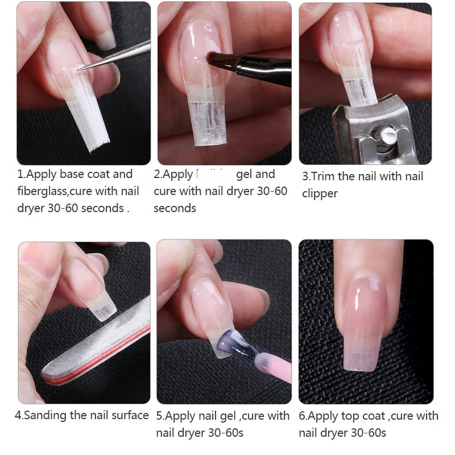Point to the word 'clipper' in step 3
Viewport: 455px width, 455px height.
tap(320, 193)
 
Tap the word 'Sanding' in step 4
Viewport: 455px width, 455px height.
tap(45, 415)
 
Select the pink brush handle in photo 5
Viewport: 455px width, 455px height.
tap(272, 364)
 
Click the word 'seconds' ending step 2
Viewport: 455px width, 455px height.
tap(175, 208)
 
